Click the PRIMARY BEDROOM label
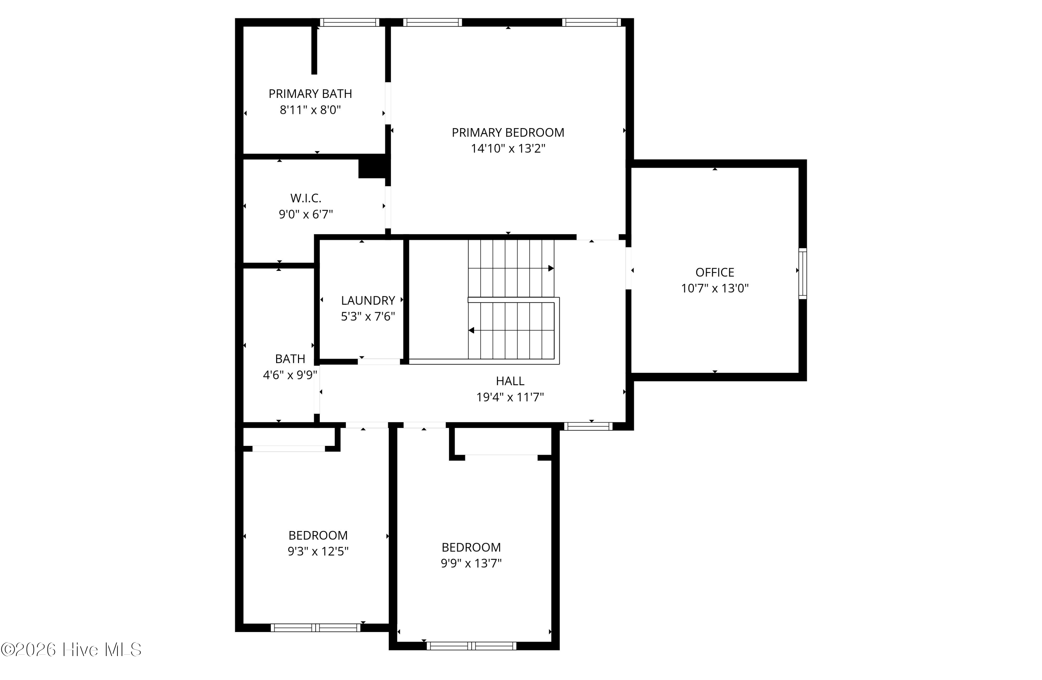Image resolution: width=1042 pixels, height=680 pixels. tap(508, 132)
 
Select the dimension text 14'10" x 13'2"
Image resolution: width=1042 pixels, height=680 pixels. tap(508, 148)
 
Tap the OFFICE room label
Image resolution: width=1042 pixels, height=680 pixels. tap(714, 272)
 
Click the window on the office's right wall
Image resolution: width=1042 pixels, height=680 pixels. tap(803, 274)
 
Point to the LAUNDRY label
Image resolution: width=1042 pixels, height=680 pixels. tap(368, 300)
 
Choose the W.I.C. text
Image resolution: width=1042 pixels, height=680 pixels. tap(306, 198)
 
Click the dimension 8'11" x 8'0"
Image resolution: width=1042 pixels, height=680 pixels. tap(310, 110)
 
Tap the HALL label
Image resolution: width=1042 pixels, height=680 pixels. tap(510, 381)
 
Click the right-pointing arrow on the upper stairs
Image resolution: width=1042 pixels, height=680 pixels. tap(551, 268)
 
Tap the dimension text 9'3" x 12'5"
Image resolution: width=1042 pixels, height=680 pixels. tap(318, 551)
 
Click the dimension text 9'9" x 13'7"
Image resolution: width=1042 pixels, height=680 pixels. tap(471, 563)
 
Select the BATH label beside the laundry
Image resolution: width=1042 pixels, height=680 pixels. tap(290, 359)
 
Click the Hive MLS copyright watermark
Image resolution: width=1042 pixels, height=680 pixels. tap(71, 649)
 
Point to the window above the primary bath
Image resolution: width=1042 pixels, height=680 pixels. tap(349, 22)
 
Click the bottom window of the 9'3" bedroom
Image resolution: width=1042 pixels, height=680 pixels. tap(315, 628)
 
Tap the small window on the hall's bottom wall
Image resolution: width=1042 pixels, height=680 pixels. tap(588, 426)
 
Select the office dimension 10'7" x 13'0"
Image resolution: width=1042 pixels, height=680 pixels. tap(714, 289)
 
